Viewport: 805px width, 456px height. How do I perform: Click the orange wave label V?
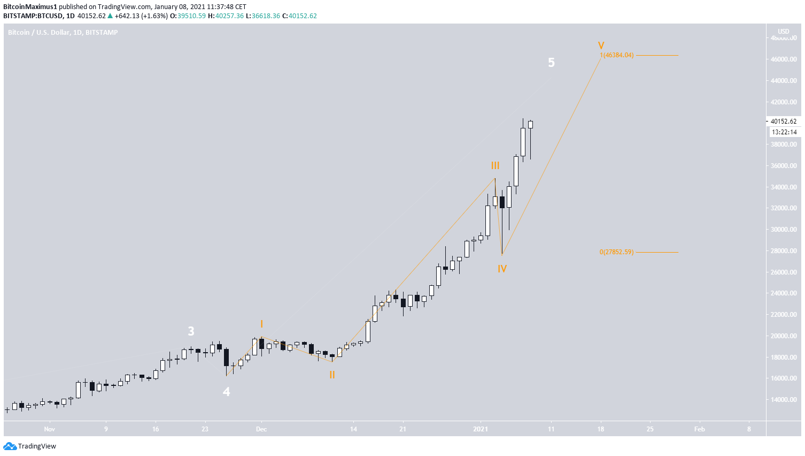[x=601, y=46]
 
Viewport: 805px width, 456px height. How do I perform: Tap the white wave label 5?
[x=551, y=63]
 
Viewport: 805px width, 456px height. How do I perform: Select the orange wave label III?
[x=496, y=166]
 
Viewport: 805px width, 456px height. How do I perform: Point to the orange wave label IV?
[x=502, y=269]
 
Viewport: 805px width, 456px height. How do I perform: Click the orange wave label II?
[x=332, y=375]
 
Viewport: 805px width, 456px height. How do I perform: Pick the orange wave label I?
[x=261, y=324]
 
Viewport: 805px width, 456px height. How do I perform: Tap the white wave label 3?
[x=191, y=331]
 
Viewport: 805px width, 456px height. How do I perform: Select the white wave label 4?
[x=226, y=392]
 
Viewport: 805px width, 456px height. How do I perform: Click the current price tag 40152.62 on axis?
[x=783, y=121]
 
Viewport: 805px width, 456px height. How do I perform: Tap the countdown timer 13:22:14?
[x=783, y=132]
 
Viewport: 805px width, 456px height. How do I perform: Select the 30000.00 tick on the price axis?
[x=783, y=230]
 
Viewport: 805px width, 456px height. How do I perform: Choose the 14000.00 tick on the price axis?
[x=783, y=400]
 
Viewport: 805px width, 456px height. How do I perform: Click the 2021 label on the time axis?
[x=481, y=429]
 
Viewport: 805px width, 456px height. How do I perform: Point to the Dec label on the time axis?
[x=261, y=429]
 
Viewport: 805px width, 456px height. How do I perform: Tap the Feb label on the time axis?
[x=699, y=429]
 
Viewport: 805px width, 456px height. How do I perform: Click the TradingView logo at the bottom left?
[x=30, y=446]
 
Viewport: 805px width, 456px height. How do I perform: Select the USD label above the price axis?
[x=783, y=32]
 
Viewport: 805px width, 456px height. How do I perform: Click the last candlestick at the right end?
[x=530, y=125]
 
